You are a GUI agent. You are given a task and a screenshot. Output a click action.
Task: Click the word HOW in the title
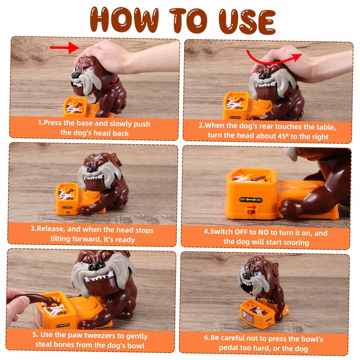pos(124,20)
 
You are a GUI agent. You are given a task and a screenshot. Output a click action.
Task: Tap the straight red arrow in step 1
pos(64,48)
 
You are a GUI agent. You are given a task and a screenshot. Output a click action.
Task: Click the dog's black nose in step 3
pos(92,170)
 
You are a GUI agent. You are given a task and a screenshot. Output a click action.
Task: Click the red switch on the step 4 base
pos(251,210)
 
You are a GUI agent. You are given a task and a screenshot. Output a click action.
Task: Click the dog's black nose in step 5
pos(97,266)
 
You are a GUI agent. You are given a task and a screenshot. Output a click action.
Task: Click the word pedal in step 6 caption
pos(228,348)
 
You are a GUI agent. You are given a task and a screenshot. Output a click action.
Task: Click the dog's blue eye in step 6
pos(247,268)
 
